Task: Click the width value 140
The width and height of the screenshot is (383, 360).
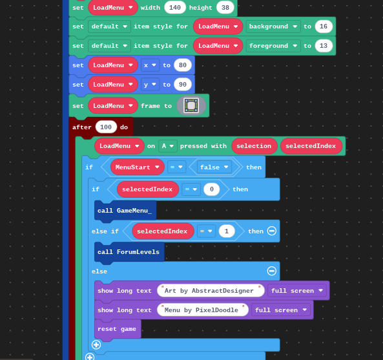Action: click(175, 8)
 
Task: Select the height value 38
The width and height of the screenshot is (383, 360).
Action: click(225, 8)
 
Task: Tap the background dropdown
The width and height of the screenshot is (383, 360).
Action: click(273, 26)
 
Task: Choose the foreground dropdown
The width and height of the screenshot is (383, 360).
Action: click(273, 46)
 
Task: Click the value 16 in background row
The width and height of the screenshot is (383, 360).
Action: click(324, 26)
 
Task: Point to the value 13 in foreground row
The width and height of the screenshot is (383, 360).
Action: click(324, 46)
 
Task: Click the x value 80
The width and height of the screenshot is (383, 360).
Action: click(183, 65)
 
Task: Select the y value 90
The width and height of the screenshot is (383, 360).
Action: click(183, 84)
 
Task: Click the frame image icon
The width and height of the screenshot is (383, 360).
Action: click(191, 105)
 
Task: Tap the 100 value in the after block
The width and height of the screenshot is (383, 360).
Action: click(106, 127)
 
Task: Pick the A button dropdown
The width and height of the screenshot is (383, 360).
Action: click(167, 146)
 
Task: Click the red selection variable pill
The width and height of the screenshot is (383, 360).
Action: click(254, 146)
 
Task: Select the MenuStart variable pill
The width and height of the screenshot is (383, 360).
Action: click(138, 167)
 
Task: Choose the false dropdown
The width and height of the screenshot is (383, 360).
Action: click(214, 167)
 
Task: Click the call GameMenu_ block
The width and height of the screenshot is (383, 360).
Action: click(125, 211)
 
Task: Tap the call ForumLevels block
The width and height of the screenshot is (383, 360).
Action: click(129, 252)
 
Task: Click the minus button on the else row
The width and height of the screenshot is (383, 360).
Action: click(272, 271)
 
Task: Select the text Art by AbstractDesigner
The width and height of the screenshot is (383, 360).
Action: click(209, 291)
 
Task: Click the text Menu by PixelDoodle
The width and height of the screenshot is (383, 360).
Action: click(202, 310)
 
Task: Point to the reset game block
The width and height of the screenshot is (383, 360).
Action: click(118, 329)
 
